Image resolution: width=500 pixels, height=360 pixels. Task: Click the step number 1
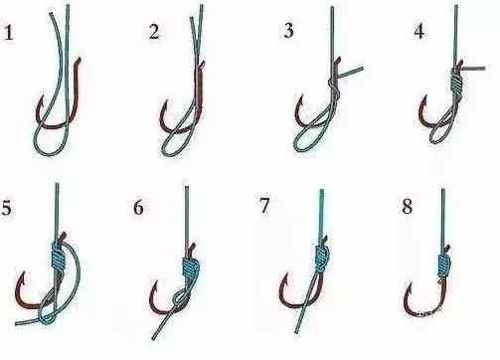[9, 33]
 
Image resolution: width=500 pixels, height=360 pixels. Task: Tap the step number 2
[154, 32]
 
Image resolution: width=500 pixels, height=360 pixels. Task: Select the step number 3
[289, 30]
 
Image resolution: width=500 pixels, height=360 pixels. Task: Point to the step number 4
[419, 31]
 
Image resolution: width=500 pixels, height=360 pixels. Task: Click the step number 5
[6, 208]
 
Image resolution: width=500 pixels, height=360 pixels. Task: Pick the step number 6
[138, 208]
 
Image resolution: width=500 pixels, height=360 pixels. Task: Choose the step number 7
[264, 206]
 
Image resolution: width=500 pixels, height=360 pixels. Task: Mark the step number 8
[407, 206]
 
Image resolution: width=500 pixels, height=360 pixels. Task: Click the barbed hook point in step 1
[42, 98]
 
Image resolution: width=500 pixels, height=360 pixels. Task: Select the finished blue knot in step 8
[443, 266]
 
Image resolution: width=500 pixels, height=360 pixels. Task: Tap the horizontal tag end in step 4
[473, 69]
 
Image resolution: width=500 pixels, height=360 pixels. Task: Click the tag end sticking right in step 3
[351, 72]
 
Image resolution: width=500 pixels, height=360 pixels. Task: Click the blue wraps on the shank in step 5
[60, 256]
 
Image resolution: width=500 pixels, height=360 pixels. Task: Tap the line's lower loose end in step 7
[297, 331]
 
